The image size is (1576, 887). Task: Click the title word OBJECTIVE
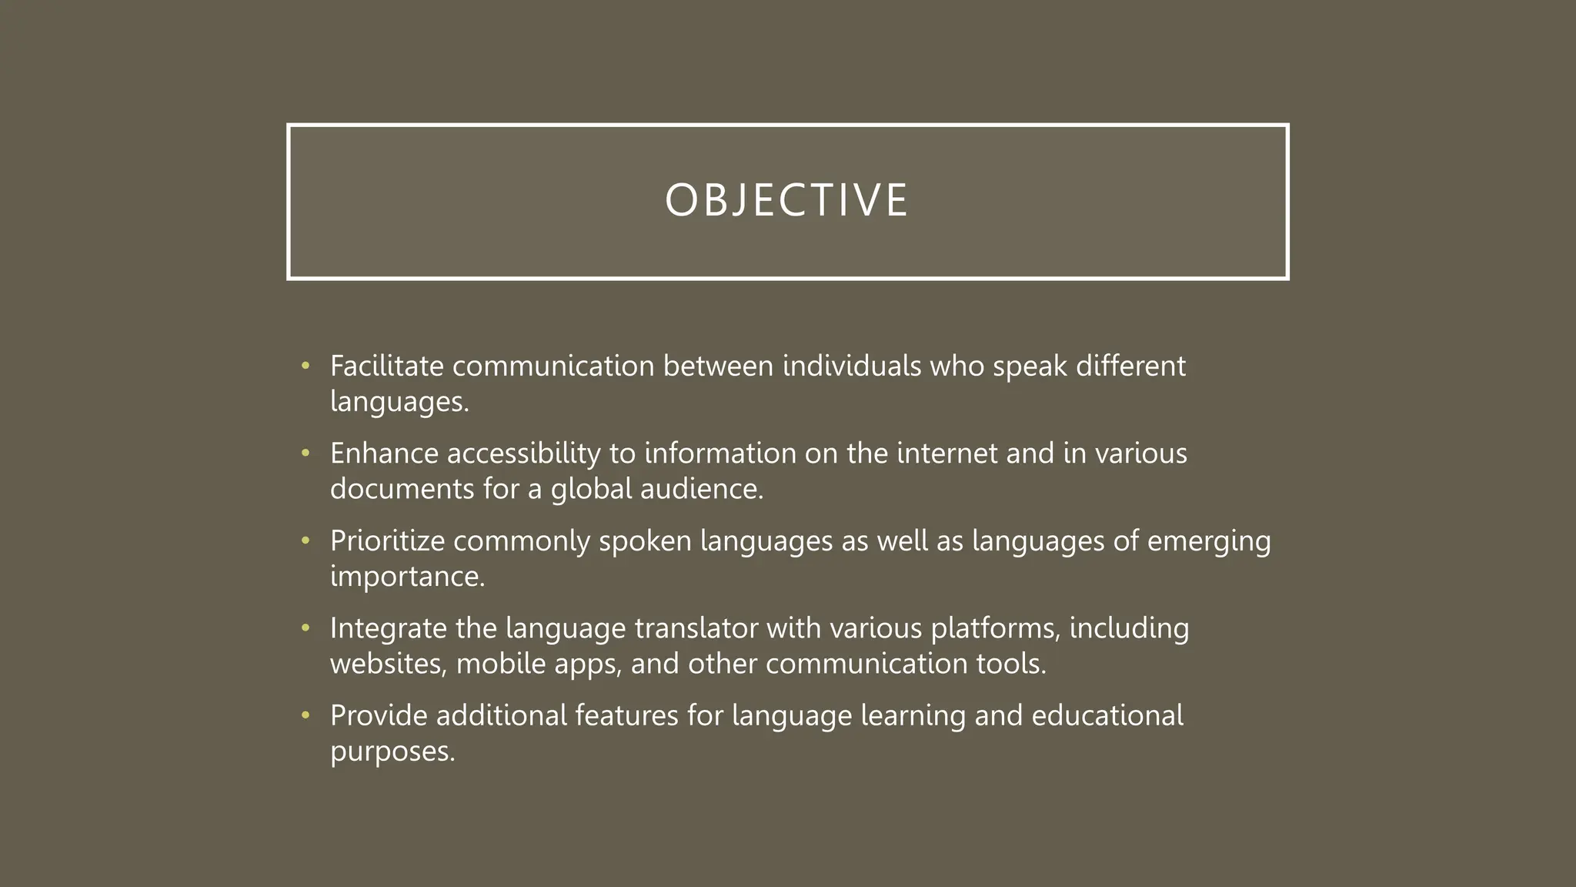786,200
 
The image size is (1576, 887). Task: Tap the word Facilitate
386,366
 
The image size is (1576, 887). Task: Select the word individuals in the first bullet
851,366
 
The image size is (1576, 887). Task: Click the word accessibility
523,454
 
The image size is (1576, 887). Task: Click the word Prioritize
387,541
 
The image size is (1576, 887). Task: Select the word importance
407,577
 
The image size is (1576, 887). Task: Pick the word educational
1107,716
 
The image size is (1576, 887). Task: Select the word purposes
392,752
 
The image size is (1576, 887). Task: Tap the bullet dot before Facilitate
306,366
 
